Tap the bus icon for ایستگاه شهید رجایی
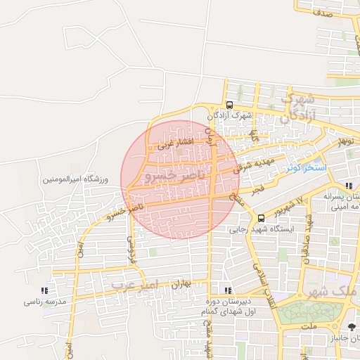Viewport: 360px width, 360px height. point(262,217)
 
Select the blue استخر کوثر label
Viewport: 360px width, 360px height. point(306,169)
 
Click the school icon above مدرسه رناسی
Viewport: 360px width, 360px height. point(44,290)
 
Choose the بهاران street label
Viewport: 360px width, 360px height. point(181,285)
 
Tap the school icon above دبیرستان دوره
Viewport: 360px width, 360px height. point(226,290)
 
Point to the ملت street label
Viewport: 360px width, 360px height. point(309,327)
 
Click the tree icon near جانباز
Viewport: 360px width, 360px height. point(352,326)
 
